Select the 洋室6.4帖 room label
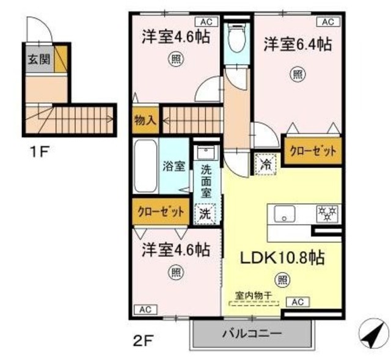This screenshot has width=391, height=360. point(298,44)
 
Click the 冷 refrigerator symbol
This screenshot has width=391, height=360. point(266,164)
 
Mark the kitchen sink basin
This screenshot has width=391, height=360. point(285,213)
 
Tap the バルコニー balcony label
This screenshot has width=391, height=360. point(251,334)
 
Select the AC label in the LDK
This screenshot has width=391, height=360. point(297,302)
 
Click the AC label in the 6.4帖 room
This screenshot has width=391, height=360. point(327,21)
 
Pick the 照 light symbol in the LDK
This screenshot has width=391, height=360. point(282,280)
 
